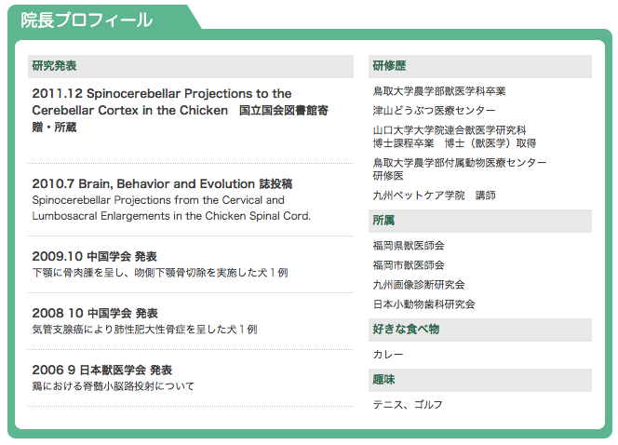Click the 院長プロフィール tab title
click(x=87, y=20)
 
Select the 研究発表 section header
click(x=54, y=65)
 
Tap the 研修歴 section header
click(x=389, y=65)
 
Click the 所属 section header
click(x=383, y=221)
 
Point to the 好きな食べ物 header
click(x=406, y=330)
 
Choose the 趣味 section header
click(x=383, y=380)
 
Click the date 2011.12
click(x=57, y=93)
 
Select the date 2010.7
click(x=53, y=183)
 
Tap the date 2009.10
click(x=57, y=256)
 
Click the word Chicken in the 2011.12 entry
click(x=204, y=111)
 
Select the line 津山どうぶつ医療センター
click(x=434, y=111)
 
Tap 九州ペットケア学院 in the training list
click(x=419, y=196)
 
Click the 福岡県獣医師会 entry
click(x=409, y=246)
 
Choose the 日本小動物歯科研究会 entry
click(x=424, y=303)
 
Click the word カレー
click(x=388, y=355)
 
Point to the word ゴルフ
click(x=428, y=404)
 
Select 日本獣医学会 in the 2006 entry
click(x=113, y=371)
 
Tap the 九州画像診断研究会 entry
click(x=419, y=285)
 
